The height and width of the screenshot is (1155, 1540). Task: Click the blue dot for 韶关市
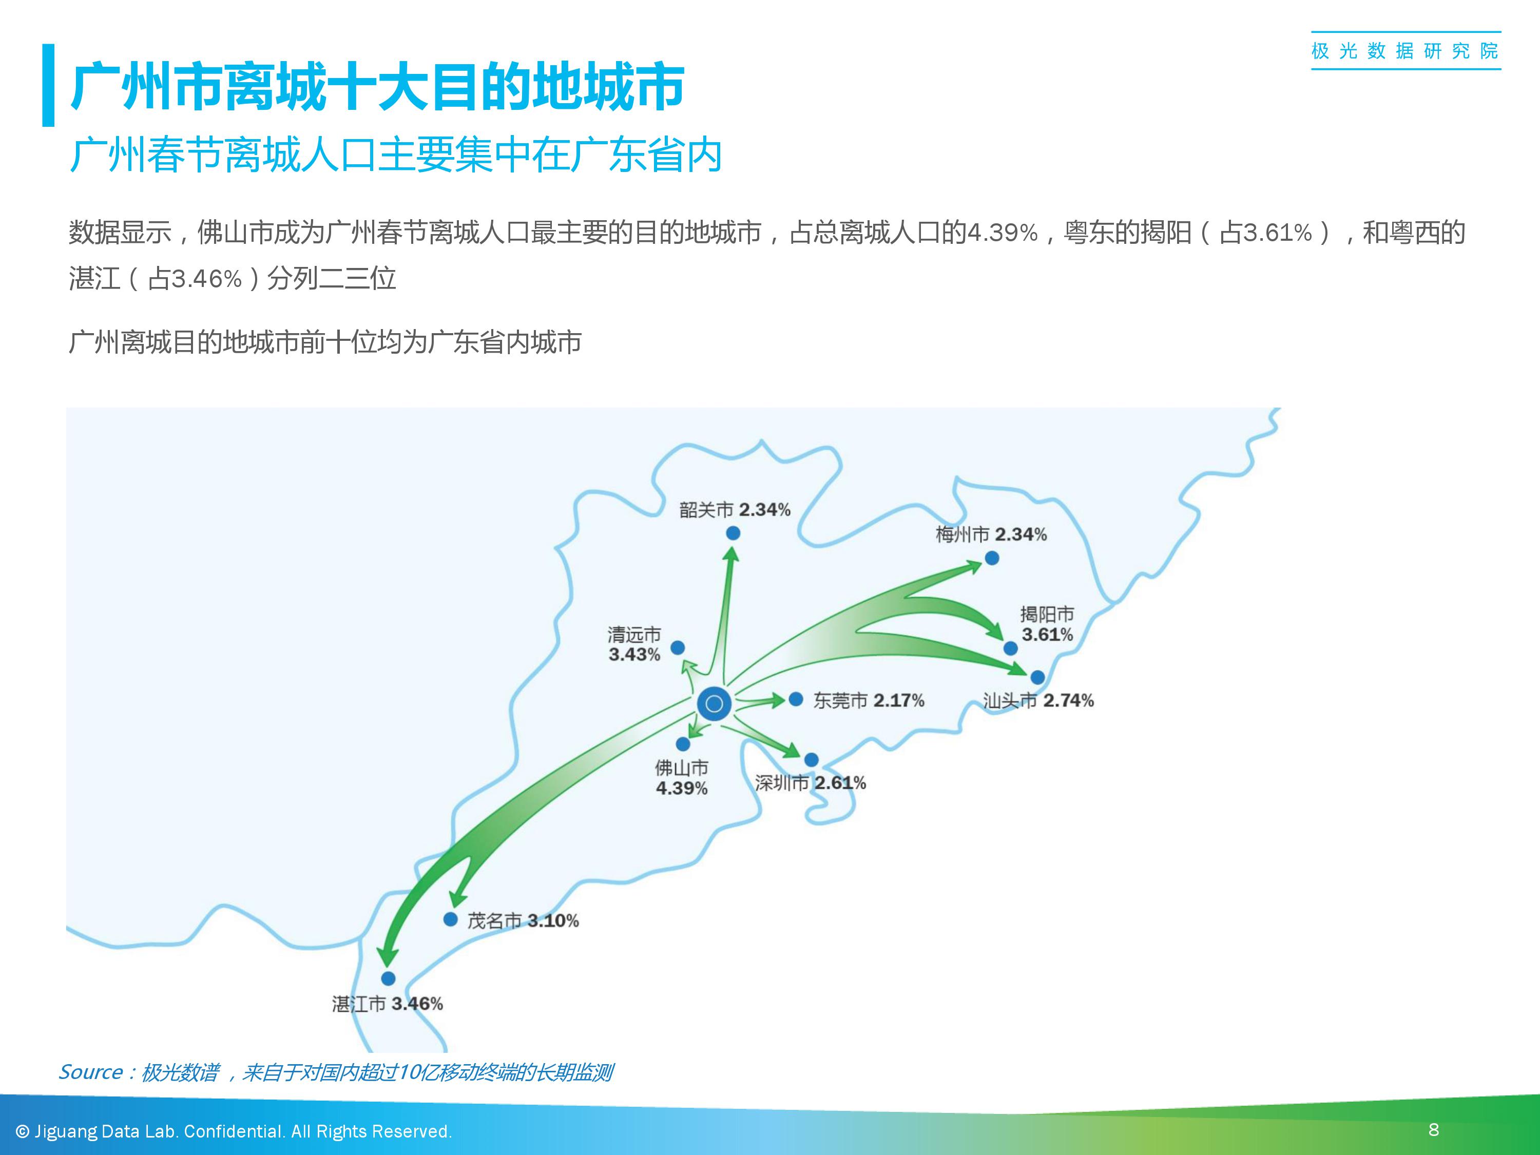[733, 533]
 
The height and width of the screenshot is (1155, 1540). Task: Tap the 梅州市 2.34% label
[991, 535]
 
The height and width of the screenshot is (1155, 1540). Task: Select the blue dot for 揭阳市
[1010, 649]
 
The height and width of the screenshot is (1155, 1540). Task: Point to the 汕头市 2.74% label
[1038, 700]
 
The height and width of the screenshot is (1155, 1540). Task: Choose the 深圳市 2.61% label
[811, 783]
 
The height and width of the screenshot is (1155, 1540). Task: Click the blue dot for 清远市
[678, 648]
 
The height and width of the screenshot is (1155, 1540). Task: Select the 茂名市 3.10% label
[523, 921]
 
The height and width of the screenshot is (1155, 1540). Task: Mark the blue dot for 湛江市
[389, 979]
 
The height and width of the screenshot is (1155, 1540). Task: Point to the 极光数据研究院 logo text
[1406, 51]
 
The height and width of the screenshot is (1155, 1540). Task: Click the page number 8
[1433, 1129]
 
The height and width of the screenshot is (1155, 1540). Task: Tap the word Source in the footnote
[90, 1072]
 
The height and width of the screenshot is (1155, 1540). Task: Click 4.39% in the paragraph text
[1003, 233]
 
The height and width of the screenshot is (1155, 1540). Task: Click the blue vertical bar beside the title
[48, 85]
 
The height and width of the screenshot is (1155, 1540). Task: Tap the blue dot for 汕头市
[1037, 678]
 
